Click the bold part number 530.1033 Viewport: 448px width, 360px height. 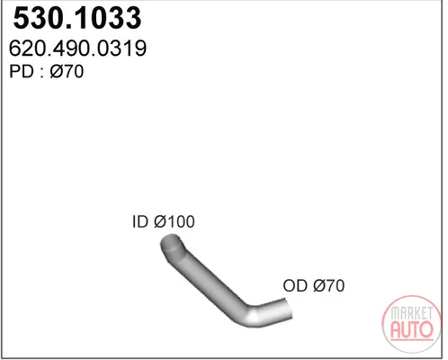tap(77, 18)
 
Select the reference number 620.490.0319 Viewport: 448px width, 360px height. tap(77, 49)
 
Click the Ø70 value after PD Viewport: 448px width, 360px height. tap(67, 71)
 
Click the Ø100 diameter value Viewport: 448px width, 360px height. tap(175, 221)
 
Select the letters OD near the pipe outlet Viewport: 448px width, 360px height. tap(295, 285)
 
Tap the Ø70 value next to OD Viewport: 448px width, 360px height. tap(328, 285)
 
